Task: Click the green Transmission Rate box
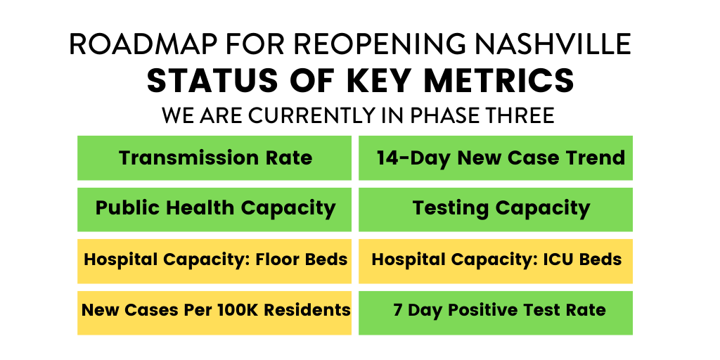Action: [214, 157]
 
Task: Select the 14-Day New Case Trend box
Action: [496, 157]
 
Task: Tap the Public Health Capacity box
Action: [214, 209]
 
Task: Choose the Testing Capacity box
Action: [496, 209]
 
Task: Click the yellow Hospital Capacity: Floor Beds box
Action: [214, 260]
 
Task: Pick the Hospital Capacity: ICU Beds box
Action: [496, 260]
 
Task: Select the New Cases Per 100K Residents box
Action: [214, 311]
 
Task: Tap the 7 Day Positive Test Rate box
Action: [496, 311]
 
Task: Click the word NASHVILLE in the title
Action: [553, 44]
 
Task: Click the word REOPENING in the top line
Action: [366, 44]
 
